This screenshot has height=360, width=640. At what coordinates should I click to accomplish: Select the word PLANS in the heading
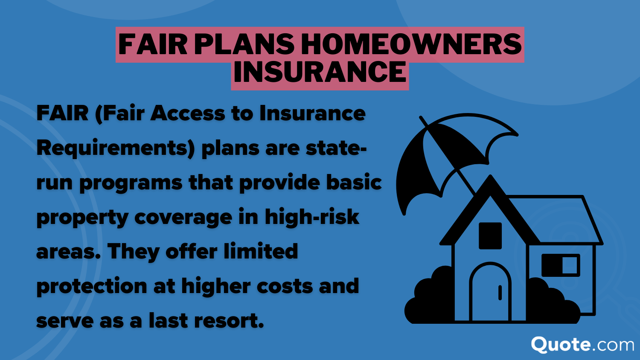[x=244, y=44]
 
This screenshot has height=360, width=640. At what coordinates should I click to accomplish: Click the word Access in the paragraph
[x=187, y=113]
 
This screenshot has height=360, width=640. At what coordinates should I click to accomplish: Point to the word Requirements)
[x=116, y=148]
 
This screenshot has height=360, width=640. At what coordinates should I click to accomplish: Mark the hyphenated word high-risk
[x=312, y=217]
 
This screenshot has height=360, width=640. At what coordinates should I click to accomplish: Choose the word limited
[x=261, y=251]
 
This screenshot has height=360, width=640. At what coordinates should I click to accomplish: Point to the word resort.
[x=229, y=321]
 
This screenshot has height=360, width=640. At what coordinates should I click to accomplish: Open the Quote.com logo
[x=582, y=345]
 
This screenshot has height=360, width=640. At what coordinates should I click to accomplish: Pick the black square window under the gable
[x=490, y=236]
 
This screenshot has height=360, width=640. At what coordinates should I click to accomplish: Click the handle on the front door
[x=500, y=293]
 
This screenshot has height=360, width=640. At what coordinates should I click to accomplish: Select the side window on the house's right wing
[x=561, y=265]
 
